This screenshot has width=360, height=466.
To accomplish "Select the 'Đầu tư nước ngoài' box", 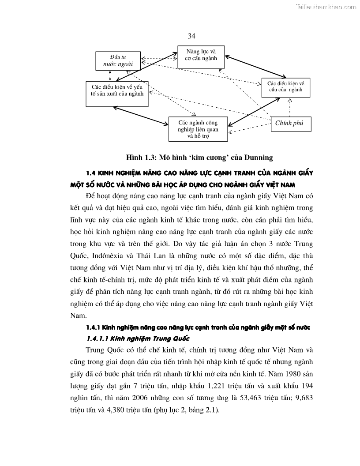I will pos(115,60).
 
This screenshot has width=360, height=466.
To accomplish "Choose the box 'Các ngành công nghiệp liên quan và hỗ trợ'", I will pos(198,129).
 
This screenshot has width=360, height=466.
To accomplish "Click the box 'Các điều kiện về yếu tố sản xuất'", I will pos(117,94).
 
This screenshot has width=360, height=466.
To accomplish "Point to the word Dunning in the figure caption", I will pos(258,157).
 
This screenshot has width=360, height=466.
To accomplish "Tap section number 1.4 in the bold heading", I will pos(92,172).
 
